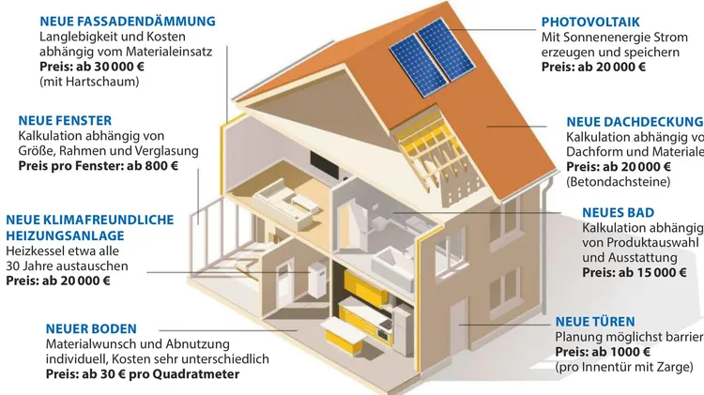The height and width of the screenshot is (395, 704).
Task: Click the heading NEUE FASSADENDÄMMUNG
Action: tap(128, 21)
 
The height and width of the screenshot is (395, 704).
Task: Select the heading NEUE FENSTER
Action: tap(65, 120)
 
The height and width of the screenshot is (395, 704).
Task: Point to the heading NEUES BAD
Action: tap(618, 213)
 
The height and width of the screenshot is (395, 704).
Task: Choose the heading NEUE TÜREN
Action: tap(595, 321)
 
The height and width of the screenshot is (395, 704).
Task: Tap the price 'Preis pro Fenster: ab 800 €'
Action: tap(98, 165)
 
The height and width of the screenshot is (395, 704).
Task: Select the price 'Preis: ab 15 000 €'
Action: tap(635, 273)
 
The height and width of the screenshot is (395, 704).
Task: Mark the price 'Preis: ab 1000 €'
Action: tap(603, 351)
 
